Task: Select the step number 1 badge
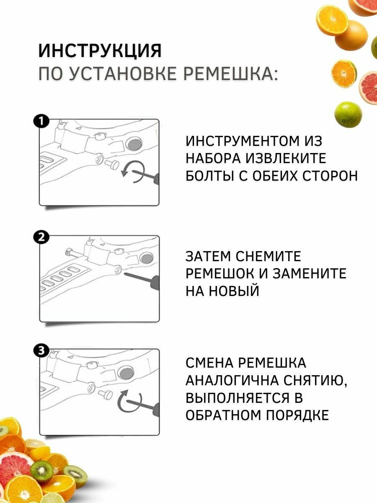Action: (41, 122)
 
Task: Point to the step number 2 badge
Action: (41, 238)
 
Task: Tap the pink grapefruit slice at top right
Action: (369, 88)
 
